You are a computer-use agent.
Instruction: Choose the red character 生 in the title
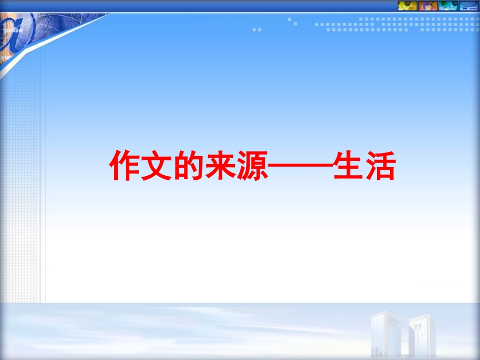pos(348,166)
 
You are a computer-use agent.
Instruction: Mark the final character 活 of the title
pos(379,166)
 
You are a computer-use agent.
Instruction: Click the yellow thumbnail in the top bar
pos(407,6)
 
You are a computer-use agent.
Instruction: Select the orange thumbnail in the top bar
pos(428,6)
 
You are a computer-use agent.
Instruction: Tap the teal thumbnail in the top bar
pos(448,6)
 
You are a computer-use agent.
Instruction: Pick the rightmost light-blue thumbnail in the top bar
pos(468,6)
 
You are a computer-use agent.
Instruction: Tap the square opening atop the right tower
pos(419,323)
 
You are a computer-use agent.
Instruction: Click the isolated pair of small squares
pos(257,30)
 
